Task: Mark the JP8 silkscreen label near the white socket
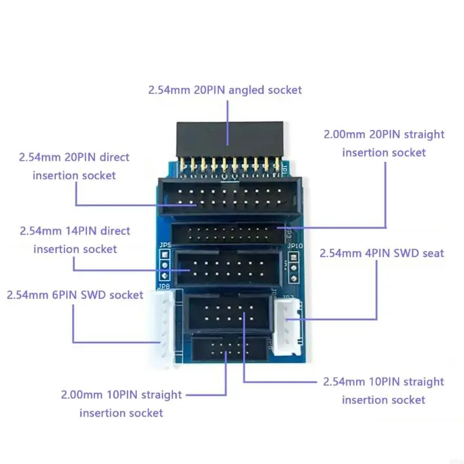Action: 163,286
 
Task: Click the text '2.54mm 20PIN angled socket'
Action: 225,90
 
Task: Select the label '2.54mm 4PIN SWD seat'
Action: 382,253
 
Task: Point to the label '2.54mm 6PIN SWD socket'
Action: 75,295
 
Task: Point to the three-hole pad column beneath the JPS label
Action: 165,264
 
